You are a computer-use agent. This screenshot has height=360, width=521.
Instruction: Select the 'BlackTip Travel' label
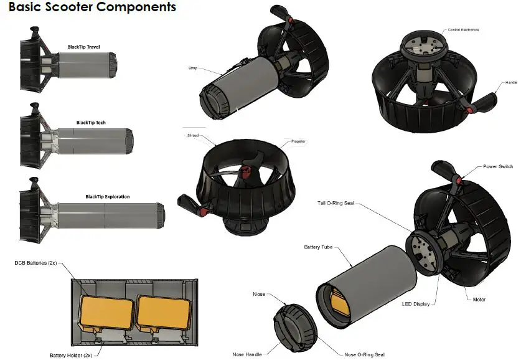pyautogui.click(x=83, y=47)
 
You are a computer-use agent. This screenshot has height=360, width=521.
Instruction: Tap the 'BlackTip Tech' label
pyautogui.click(x=91, y=123)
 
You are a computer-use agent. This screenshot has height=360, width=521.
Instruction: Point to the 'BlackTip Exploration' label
pyautogui.click(x=108, y=197)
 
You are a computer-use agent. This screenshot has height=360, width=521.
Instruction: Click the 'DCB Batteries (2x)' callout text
pyautogui.click(x=35, y=263)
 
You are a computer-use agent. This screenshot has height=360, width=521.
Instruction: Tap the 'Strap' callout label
pyautogui.click(x=193, y=68)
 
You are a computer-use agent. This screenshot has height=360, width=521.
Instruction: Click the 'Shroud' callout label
pyautogui.click(x=193, y=135)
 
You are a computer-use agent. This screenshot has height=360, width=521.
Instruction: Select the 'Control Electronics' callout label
pyautogui.click(x=464, y=30)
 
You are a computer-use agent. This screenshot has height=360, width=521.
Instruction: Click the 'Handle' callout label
pyautogui.click(x=510, y=83)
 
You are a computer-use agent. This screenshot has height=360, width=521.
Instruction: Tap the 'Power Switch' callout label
pyautogui.click(x=498, y=167)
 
